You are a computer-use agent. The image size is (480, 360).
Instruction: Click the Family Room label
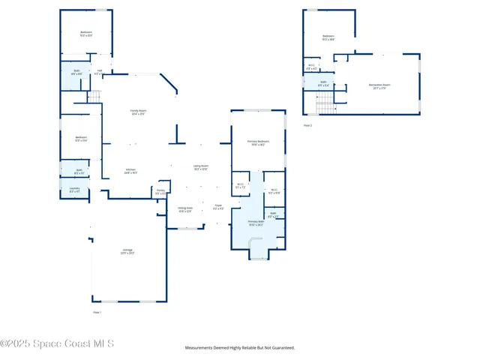point(138,112)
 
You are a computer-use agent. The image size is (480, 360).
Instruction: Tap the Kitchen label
point(130,170)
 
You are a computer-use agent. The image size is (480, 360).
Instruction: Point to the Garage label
point(127,250)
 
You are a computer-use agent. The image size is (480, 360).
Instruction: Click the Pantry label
point(160,192)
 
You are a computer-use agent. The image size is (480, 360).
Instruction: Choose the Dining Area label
point(185,209)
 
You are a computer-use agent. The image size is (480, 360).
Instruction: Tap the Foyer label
point(218,207)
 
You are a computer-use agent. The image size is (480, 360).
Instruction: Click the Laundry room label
point(74,189)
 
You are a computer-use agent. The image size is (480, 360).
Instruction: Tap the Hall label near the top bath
point(99,72)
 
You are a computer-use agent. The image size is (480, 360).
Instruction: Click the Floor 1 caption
point(96,311)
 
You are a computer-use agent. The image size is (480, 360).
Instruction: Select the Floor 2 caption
point(307,125)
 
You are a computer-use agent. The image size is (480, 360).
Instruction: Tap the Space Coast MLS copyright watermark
point(57,343)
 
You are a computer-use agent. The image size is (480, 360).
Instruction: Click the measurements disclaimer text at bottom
point(240,348)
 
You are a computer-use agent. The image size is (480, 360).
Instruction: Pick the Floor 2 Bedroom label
point(328,37)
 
